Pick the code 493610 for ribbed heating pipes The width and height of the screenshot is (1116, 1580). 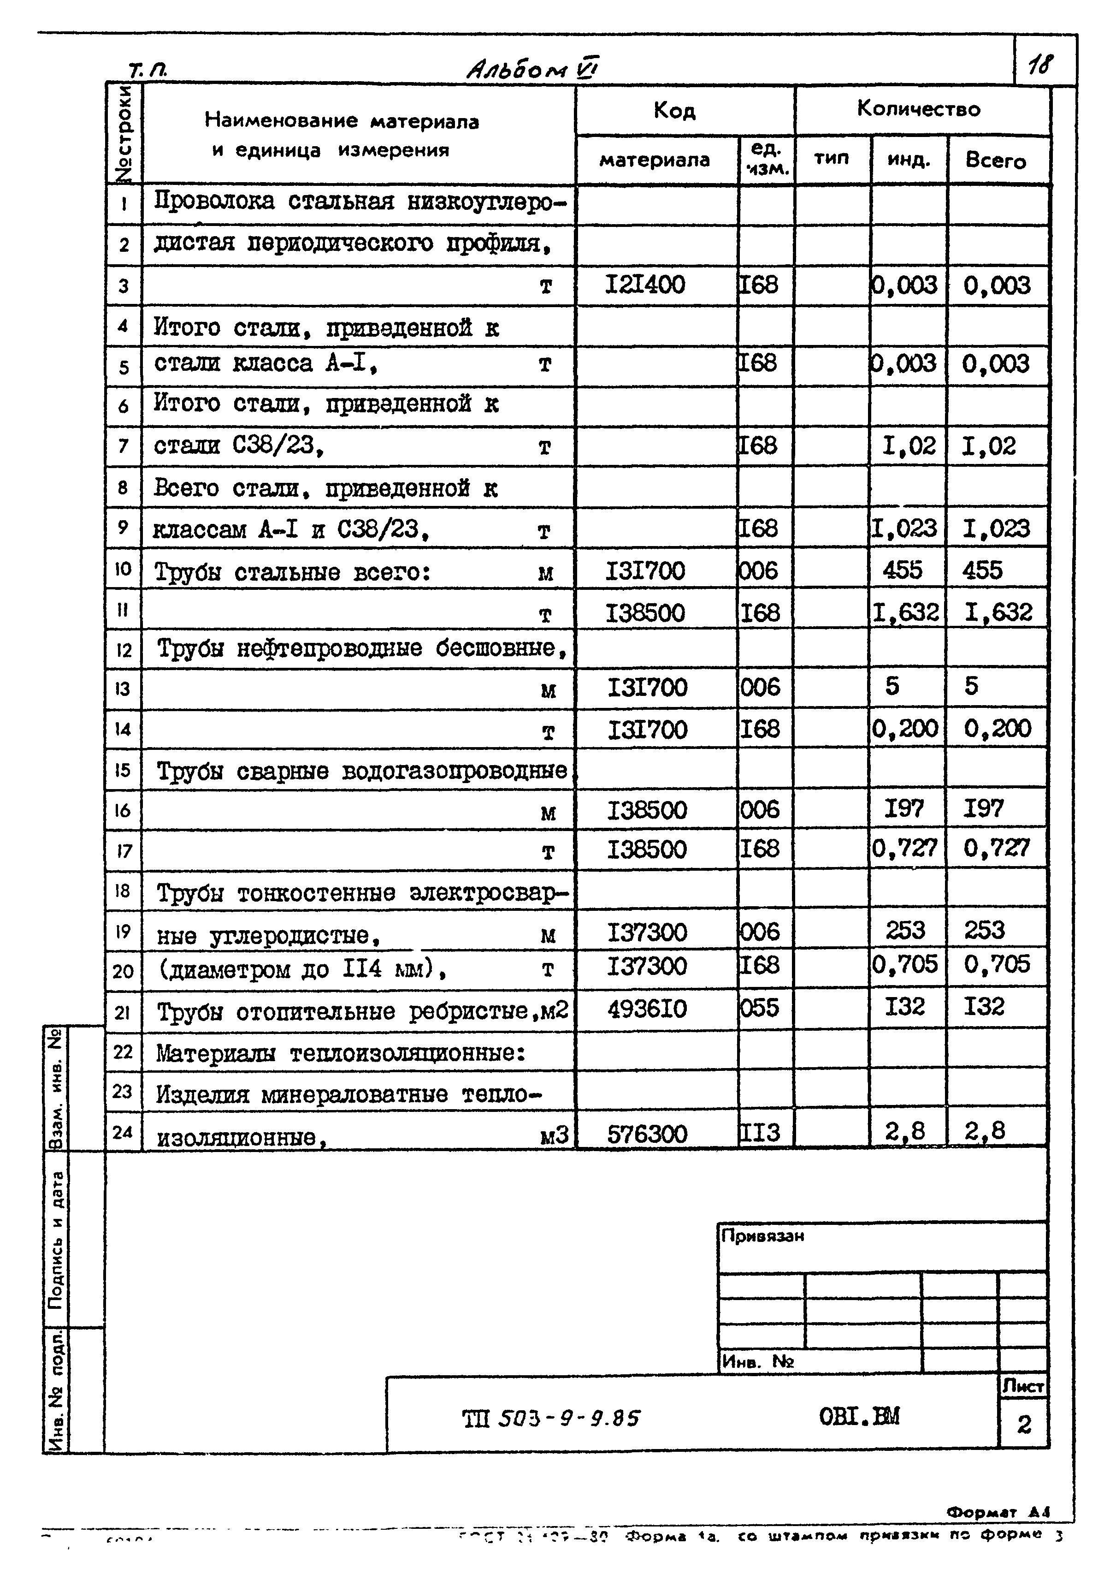pos(647,1009)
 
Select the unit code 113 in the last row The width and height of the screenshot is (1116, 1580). pos(760,1132)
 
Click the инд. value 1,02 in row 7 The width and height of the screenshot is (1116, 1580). pos(908,446)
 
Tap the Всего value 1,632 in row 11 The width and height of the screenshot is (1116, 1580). pos(998,612)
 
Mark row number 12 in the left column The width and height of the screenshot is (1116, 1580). pos(123,649)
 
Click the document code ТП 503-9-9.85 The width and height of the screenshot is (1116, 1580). pos(550,1418)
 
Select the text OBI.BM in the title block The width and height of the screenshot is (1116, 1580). pos(859,1416)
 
